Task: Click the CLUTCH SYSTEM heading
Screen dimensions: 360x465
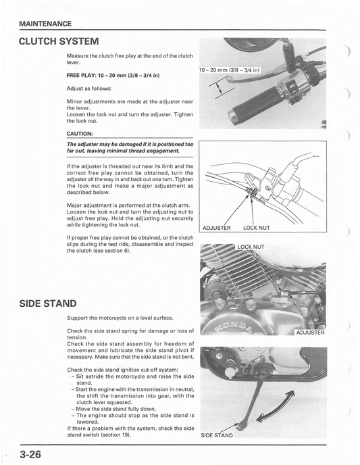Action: (59, 41)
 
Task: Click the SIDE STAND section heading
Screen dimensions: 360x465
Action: (48, 303)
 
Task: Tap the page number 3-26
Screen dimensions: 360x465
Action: (30, 454)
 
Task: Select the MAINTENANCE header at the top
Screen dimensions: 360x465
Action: (45, 24)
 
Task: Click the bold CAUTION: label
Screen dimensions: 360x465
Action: (80, 134)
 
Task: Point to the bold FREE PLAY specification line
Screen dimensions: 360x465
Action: (113, 75)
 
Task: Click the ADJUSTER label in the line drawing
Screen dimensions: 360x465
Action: (216, 228)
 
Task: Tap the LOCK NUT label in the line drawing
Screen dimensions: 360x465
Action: (257, 228)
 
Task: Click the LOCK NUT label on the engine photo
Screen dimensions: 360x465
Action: (251, 247)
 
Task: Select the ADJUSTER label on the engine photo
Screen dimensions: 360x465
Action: (310, 333)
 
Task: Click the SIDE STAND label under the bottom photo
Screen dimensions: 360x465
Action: (217, 435)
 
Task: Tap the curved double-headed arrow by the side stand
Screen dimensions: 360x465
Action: (276, 407)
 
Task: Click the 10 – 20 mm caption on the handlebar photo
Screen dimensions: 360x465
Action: (230, 70)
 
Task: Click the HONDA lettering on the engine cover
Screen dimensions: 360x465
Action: (234, 326)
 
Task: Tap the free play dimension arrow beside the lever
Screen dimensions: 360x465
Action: (219, 88)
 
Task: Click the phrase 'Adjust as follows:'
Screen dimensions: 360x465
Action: (89, 89)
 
